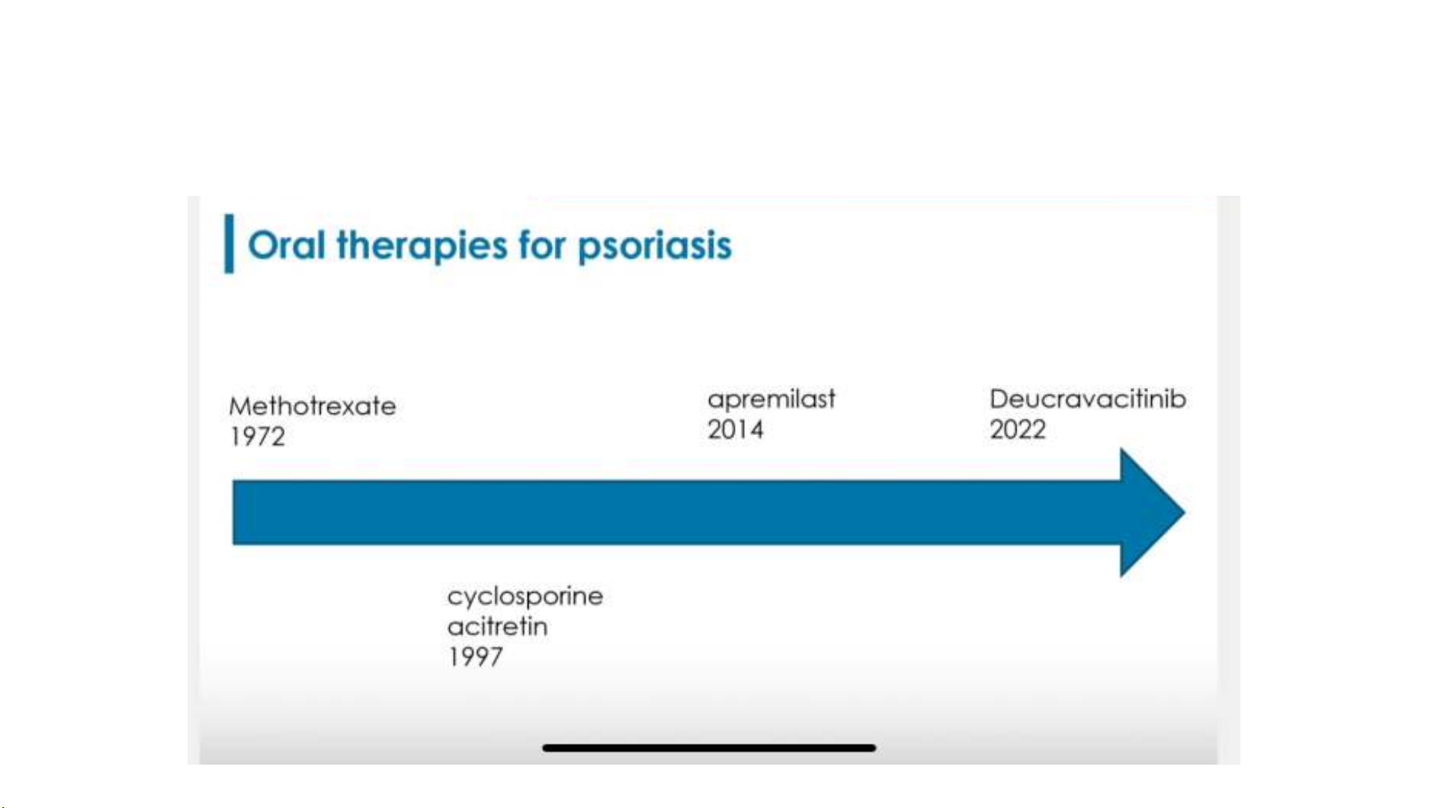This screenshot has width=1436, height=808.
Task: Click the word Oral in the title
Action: [286, 245]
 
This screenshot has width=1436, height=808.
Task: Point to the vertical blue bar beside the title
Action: [229, 244]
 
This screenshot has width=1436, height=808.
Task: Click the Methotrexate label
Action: [312, 406]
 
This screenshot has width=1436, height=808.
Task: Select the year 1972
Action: [257, 437]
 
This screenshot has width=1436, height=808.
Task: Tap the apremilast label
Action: [771, 400]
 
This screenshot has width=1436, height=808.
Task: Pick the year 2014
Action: [736, 430]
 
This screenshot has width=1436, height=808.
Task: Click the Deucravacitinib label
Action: [1088, 399]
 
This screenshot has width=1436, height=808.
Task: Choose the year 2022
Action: [1017, 430]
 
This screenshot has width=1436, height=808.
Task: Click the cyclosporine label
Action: [525, 596]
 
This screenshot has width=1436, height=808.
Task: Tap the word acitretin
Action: [497, 626]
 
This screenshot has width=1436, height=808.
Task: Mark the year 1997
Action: [475, 657]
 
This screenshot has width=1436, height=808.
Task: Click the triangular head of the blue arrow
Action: [1152, 513]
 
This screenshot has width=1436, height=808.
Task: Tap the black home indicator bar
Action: [709, 747]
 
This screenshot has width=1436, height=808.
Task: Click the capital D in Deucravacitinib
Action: [999, 399]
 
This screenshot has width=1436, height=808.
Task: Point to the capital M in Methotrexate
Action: [241, 407]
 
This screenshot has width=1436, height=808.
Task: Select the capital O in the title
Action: [263, 246]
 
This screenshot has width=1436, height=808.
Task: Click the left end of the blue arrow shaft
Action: [233, 513]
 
